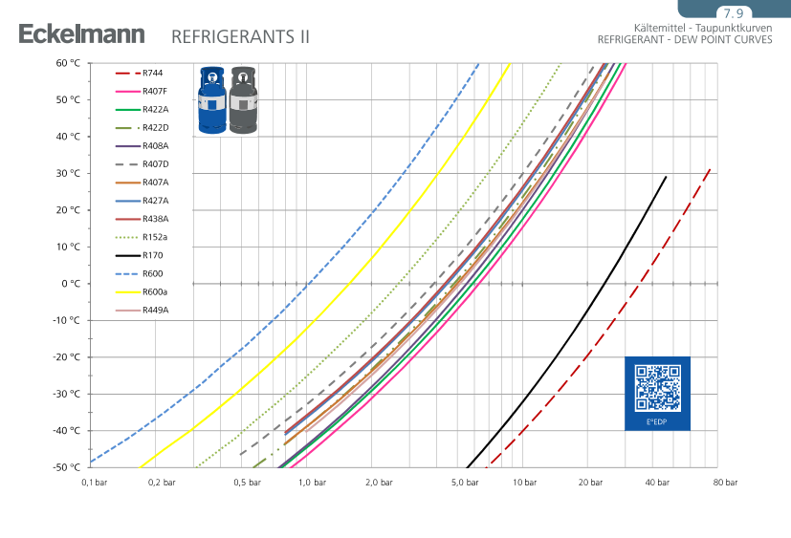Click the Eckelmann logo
pos(81,35)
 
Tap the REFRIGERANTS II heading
pos(240,37)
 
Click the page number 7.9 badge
pos(734,13)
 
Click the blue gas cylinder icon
pos(211,100)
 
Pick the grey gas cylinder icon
pos(241,100)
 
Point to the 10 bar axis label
pos(524,483)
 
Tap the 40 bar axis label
pos(656,483)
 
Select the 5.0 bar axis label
pos(465,483)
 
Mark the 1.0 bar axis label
pos(313,483)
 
